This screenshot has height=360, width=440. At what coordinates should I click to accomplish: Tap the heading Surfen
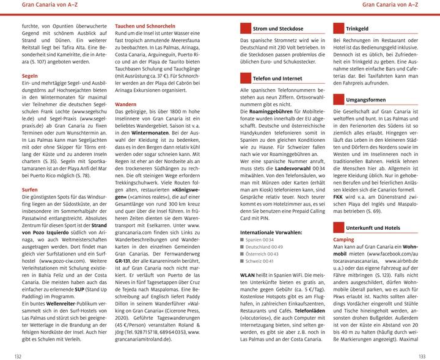click(x=30, y=190)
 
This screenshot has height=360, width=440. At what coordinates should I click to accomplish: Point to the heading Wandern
click(x=125, y=105)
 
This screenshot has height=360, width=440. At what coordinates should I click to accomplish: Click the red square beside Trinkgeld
click(x=338, y=28)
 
